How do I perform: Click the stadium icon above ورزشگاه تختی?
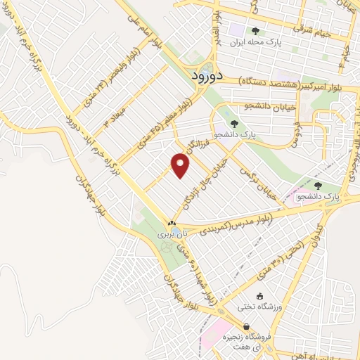coord(262,296)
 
